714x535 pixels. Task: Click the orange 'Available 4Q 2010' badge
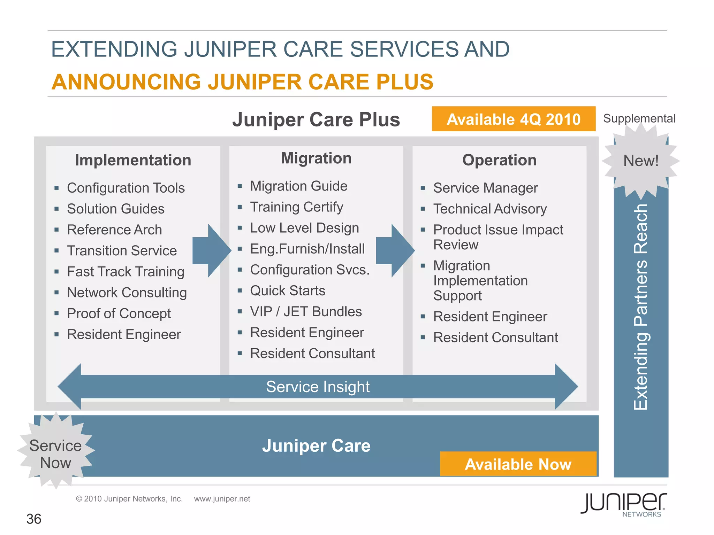(x=514, y=119)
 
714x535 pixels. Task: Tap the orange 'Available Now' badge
(x=518, y=464)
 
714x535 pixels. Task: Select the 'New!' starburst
(x=641, y=161)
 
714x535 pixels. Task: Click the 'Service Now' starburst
(x=55, y=454)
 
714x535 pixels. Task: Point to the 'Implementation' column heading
(x=133, y=160)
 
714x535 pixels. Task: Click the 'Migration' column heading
(x=316, y=158)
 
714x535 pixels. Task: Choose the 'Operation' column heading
(x=499, y=160)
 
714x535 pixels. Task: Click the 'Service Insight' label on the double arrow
(x=318, y=387)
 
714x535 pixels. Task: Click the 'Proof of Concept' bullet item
(x=119, y=313)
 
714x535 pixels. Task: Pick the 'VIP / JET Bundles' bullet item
(x=306, y=312)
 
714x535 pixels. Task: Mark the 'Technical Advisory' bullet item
(x=490, y=209)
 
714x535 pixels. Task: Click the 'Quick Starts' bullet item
(x=288, y=291)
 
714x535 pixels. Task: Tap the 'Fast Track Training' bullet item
(x=126, y=272)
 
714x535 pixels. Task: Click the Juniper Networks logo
(x=624, y=504)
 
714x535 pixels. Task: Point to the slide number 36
(x=34, y=519)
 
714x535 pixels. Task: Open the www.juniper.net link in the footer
(x=222, y=499)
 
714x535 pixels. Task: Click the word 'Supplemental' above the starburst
(x=639, y=118)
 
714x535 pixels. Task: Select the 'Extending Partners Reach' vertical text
(x=640, y=307)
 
